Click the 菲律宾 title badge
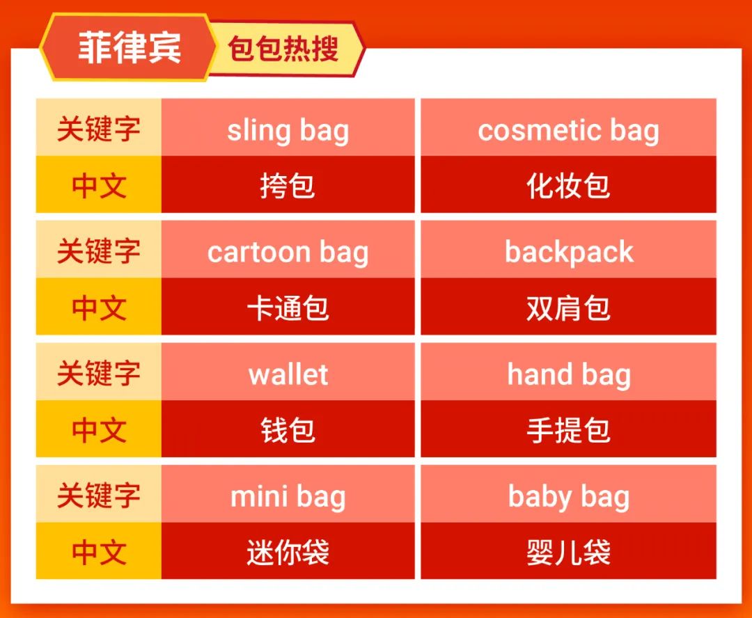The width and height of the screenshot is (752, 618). click(x=129, y=47)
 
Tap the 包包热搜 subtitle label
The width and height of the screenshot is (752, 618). click(x=284, y=49)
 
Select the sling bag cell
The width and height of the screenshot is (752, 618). click(x=288, y=129)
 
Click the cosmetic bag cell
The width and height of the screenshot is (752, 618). click(x=568, y=129)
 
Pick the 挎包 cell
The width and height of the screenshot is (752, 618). click(x=288, y=185)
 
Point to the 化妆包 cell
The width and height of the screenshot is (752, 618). click(x=568, y=185)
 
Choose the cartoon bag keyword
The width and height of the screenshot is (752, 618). click(x=288, y=252)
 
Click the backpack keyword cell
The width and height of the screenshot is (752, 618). click(x=568, y=252)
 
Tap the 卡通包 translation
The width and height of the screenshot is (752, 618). click(x=288, y=308)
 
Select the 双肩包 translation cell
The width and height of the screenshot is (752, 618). click(x=568, y=308)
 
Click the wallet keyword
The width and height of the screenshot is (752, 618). click(x=288, y=374)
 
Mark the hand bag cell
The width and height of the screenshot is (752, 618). click(x=568, y=374)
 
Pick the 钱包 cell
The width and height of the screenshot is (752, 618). click(x=288, y=429)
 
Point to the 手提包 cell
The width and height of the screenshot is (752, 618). click(x=568, y=429)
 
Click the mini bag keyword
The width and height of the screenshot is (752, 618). click(x=288, y=496)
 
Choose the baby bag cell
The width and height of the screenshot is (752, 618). click(x=568, y=496)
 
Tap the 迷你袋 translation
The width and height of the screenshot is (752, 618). click(x=288, y=552)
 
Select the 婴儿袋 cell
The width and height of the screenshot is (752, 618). click(x=568, y=552)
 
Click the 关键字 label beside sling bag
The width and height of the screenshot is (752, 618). click(x=99, y=129)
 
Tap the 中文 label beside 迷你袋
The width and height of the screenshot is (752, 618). click(x=99, y=552)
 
